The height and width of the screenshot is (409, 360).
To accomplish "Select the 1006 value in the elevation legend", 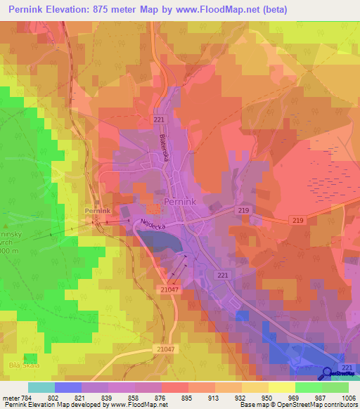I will click(349, 397).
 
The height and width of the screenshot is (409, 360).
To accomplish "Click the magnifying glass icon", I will click(327, 373).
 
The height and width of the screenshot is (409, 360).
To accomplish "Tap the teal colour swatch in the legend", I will click(41, 387).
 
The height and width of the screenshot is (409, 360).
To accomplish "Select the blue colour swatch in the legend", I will click(67, 387).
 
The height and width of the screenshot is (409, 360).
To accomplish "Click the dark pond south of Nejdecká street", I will click(163, 243).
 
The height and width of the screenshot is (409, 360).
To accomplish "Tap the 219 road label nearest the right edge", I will click(299, 221).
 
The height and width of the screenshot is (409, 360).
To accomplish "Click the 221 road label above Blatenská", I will click(158, 120).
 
